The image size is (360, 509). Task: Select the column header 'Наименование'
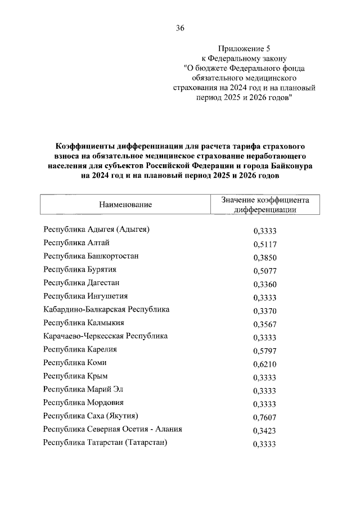point(126,204)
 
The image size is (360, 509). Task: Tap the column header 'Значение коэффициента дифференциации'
point(265,204)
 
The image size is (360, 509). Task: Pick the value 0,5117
point(265,245)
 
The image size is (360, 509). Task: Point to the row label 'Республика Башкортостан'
point(91,256)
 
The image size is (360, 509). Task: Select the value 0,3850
point(265,258)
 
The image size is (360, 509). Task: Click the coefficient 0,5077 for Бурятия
point(265,271)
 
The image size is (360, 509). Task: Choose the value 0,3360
point(265,285)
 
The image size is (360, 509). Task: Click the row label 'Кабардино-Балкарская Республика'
point(106,309)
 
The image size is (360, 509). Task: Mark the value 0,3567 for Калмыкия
point(265,325)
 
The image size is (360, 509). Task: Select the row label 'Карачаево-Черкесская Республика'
point(106,336)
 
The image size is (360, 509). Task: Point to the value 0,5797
point(265,351)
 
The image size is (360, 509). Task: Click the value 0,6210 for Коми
point(265,364)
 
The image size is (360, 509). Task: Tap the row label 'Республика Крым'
point(75,376)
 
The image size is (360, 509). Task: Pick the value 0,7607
point(265,417)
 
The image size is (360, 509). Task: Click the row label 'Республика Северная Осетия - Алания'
point(112,429)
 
